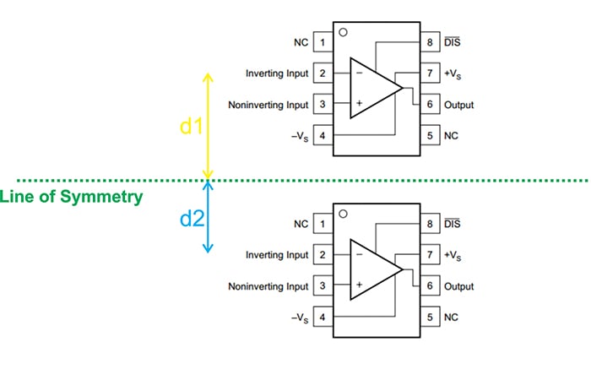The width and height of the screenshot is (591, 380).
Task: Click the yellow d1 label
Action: click(x=192, y=127)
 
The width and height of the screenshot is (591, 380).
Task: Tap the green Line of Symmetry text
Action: click(x=71, y=197)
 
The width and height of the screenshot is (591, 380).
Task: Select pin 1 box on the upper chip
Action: click(x=323, y=42)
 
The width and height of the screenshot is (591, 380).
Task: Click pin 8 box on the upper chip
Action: click(x=430, y=42)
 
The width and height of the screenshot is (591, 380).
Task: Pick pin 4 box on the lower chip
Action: click(x=323, y=318)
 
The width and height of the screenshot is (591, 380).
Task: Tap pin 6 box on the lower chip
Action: click(x=430, y=286)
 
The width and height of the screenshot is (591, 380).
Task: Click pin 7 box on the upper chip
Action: click(x=430, y=73)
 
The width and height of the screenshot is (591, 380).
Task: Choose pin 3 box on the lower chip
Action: click(x=323, y=286)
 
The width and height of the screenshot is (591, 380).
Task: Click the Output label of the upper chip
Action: click(x=458, y=105)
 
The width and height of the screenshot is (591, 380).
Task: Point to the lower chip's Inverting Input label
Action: click(x=277, y=255)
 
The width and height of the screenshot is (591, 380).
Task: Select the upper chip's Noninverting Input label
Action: click(x=268, y=105)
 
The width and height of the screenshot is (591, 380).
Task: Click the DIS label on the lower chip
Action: click(x=453, y=224)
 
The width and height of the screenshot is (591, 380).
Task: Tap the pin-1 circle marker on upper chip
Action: click(x=343, y=32)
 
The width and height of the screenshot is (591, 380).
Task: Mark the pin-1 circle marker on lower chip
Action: click(x=343, y=214)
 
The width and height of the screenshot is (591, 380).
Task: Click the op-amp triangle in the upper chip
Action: click(x=371, y=89)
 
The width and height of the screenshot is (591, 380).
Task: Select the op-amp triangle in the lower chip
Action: click(x=371, y=270)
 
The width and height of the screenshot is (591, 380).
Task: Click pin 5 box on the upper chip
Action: click(x=430, y=136)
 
